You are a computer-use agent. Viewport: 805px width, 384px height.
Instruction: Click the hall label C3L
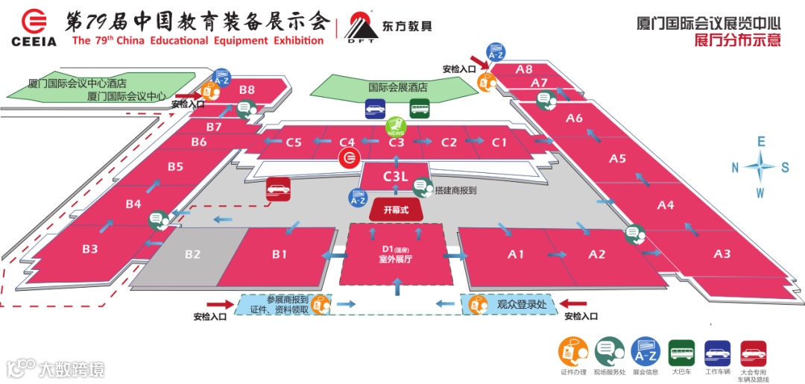pos(395,177)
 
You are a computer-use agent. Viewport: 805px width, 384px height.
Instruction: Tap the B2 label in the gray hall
pos(193,254)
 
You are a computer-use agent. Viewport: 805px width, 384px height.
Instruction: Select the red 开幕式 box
pos(396,210)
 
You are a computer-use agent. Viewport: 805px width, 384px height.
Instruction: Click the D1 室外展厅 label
pos(396,254)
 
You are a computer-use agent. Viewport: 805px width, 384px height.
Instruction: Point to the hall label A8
pos(524,69)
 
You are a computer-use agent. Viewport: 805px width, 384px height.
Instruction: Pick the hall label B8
pos(247,89)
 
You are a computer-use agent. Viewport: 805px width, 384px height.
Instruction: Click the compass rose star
pos(760,167)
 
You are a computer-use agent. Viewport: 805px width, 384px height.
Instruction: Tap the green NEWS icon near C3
pos(395,128)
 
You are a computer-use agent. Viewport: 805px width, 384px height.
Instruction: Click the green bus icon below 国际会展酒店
pos(419,110)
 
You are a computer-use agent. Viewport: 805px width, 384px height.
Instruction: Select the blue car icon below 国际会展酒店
pos(375,110)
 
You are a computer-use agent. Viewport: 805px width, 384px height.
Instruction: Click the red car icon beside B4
pos(278,189)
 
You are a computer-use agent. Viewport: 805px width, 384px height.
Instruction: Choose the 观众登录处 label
pos(521,304)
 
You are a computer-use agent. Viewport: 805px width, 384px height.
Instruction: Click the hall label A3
pos(722,254)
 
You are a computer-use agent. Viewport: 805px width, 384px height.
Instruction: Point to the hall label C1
pos(499,142)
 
